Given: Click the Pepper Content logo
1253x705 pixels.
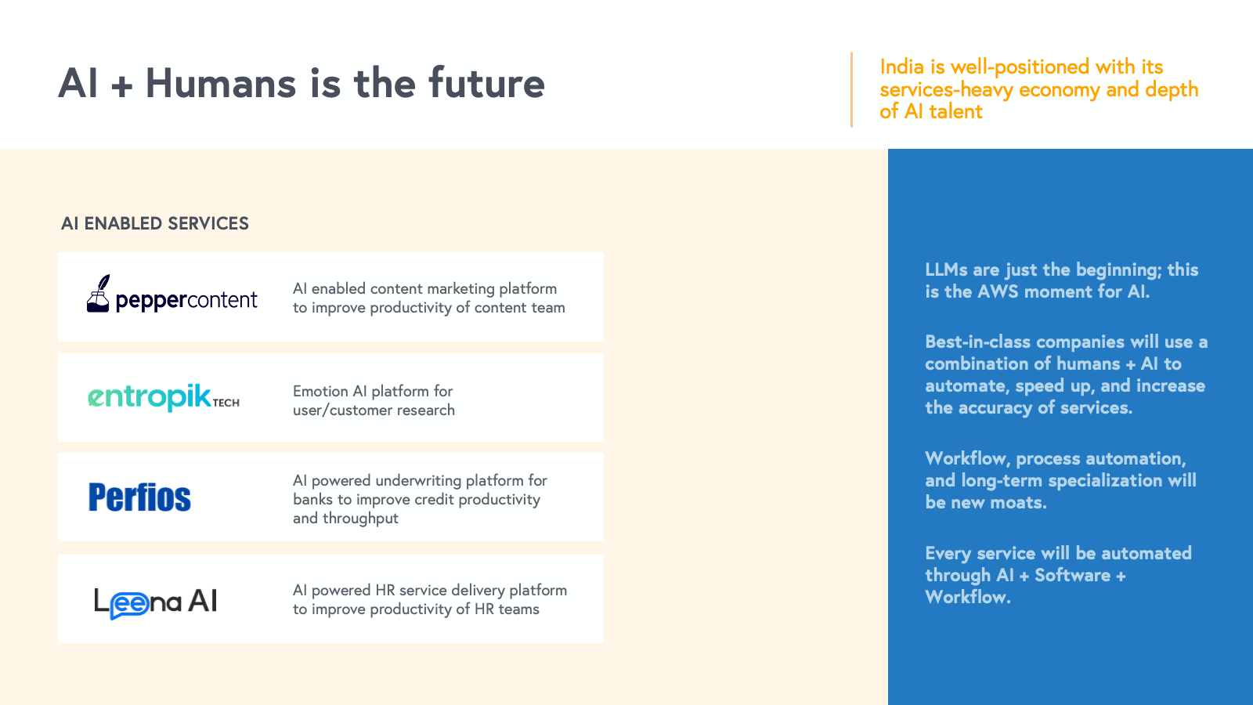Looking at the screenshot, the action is (172, 294).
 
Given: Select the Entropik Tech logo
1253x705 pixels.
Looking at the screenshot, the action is (164, 397).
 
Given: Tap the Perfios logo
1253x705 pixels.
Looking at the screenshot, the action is (140, 497).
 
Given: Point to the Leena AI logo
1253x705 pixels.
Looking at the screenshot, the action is (156, 602).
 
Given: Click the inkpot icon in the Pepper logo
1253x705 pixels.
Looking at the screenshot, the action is (99, 293).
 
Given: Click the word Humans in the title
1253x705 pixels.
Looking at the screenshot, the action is (220, 83).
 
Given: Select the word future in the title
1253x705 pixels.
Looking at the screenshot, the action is (486, 83).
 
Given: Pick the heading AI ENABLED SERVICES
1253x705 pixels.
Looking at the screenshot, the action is (155, 223).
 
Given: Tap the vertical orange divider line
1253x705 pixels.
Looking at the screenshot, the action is (851, 89).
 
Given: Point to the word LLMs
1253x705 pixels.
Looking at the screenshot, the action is (946, 269).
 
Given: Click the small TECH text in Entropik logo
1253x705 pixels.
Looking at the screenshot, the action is (226, 403).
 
